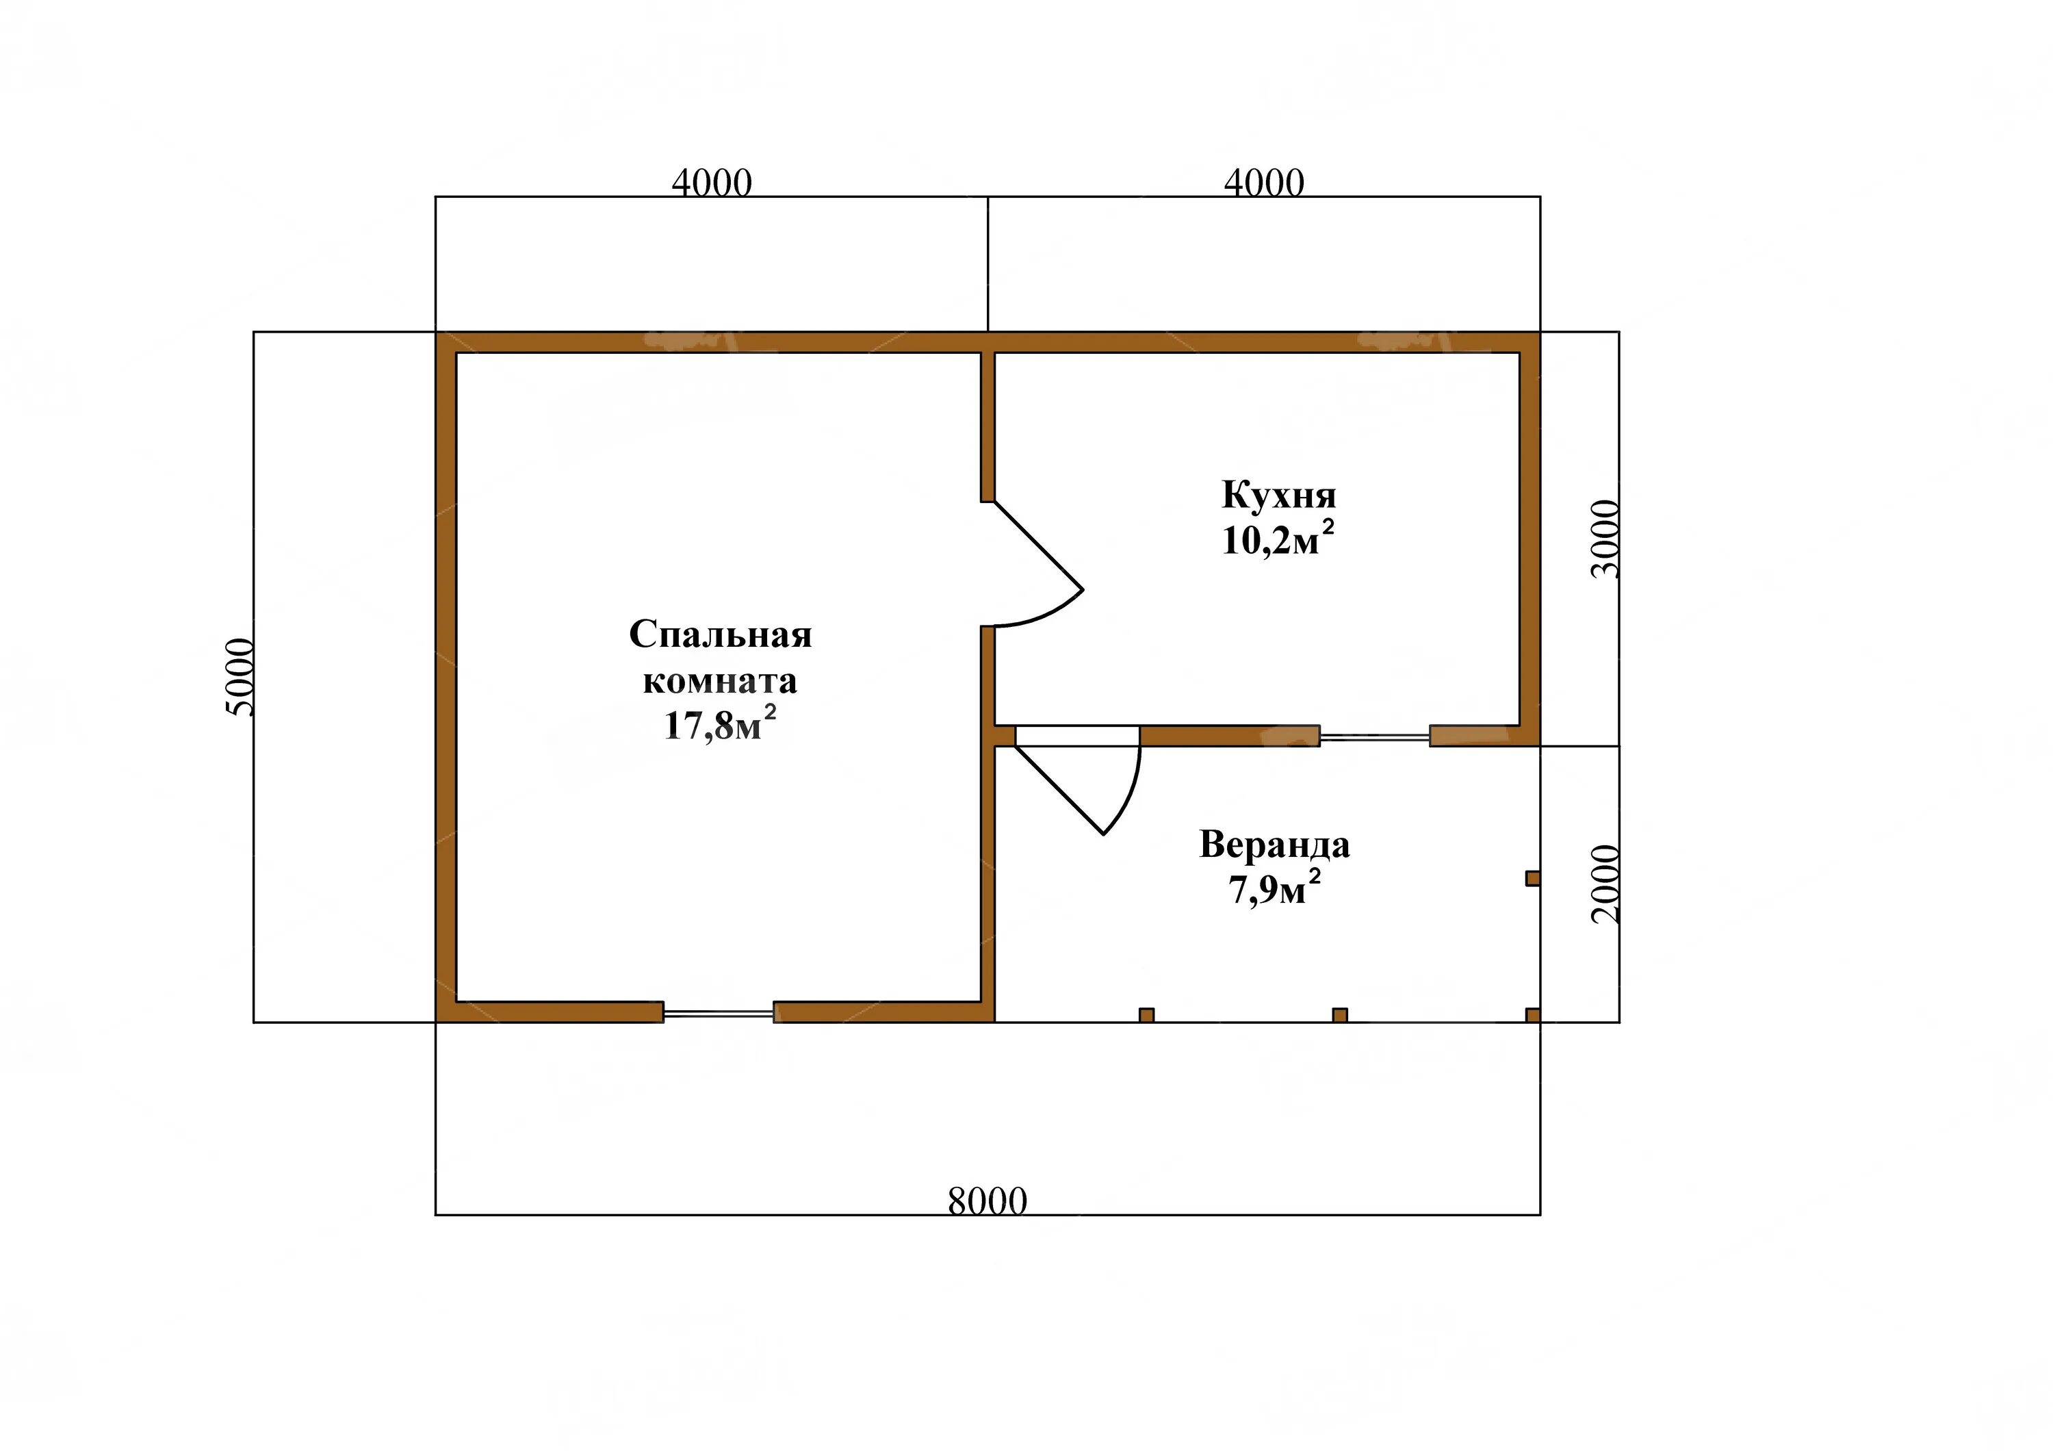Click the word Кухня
point(1278,496)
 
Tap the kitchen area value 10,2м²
point(1278,539)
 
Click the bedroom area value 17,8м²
point(720,724)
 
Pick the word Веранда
point(1274,845)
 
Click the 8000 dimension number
point(987,1203)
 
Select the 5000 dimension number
point(242,677)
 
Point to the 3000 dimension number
point(1606,539)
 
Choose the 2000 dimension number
point(1606,884)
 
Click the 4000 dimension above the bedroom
point(712,183)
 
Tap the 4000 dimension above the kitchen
point(1265,183)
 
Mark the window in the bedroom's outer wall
point(718,1013)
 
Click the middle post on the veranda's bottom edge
point(1339,1015)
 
